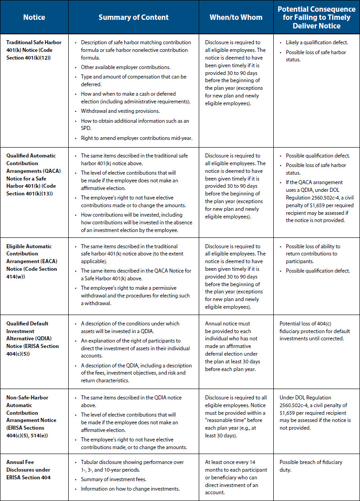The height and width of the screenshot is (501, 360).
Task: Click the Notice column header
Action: [x=34, y=18]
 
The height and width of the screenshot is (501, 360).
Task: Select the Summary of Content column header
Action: [x=134, y=18]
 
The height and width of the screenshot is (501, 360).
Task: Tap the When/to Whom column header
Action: [x=236, y=18]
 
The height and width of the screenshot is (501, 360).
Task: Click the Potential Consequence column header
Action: [x=316, y=18]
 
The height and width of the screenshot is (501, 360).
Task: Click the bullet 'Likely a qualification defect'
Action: [x=317, y=42]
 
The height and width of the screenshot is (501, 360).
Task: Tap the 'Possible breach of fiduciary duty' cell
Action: [x=311, y=466]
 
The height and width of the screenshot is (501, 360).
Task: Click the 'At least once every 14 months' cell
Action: [x=236, y=477]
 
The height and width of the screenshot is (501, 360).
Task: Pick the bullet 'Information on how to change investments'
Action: [x=130, y=489]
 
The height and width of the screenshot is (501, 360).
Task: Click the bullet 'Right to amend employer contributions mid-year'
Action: [x=136, y=138]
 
